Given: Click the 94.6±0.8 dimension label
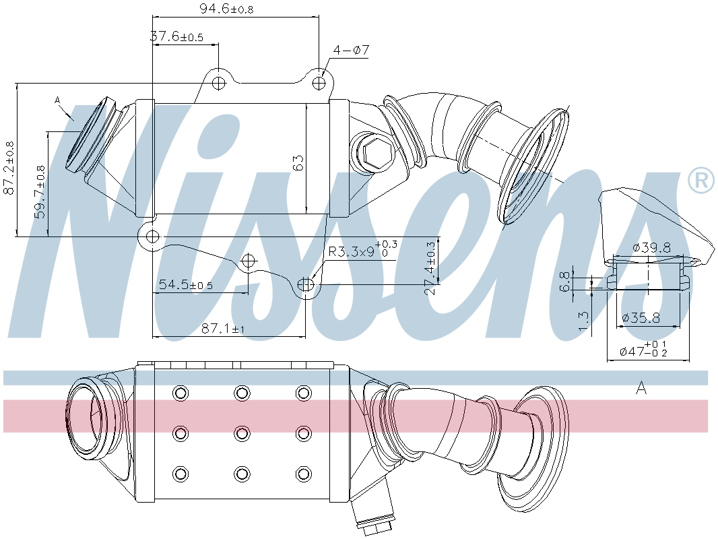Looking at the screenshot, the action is click(227, 8).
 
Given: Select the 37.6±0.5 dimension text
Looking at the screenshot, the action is click(176, 36).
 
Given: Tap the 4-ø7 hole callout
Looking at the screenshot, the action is click(351, 50).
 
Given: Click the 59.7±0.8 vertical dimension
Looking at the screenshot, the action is click(40, 192).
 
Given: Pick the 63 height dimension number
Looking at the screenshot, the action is click(298, 163).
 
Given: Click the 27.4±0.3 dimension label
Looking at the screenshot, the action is click(430, 268).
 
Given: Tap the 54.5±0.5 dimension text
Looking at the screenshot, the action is click(186, 285).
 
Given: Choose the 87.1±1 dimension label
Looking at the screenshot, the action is click(224, 328).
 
